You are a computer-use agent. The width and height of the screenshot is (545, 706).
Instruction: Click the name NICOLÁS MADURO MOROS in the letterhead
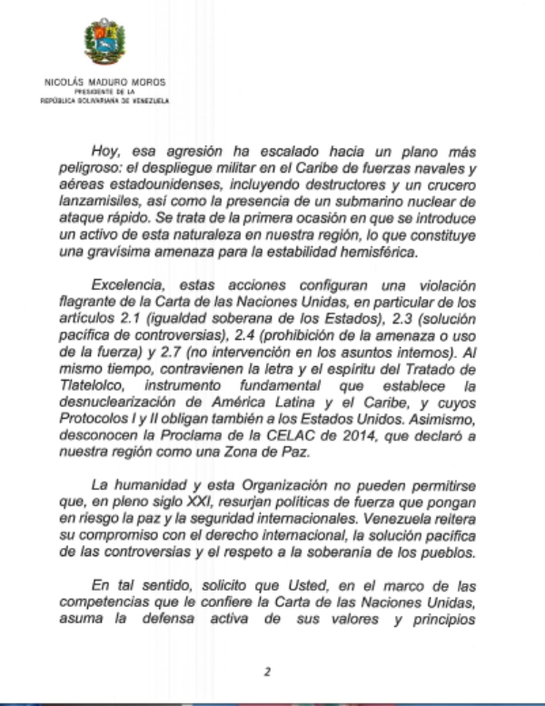click(x=104, y=82)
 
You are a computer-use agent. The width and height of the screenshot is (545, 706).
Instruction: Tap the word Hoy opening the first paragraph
click(x=105, y=154)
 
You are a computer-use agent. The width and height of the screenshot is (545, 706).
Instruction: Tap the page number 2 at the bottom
click(x=267, y=671)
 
